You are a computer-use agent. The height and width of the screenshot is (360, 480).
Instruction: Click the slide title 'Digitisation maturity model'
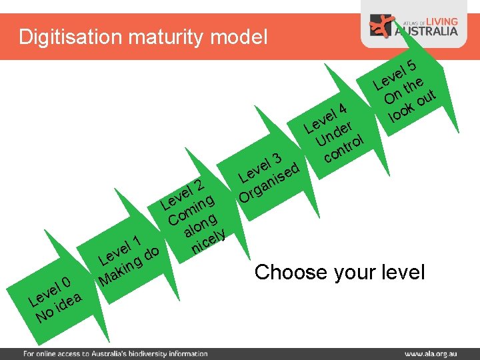pyautogui.click(x=143, y=36)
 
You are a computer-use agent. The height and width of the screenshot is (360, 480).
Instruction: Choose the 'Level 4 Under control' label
pyautogui.click(x=336, y=133)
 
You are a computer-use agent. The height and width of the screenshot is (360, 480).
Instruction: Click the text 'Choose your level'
pyautogui.click(x=339, y=272)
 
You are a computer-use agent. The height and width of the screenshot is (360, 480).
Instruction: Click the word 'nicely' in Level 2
pyautogui.click(x=209, y=241)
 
